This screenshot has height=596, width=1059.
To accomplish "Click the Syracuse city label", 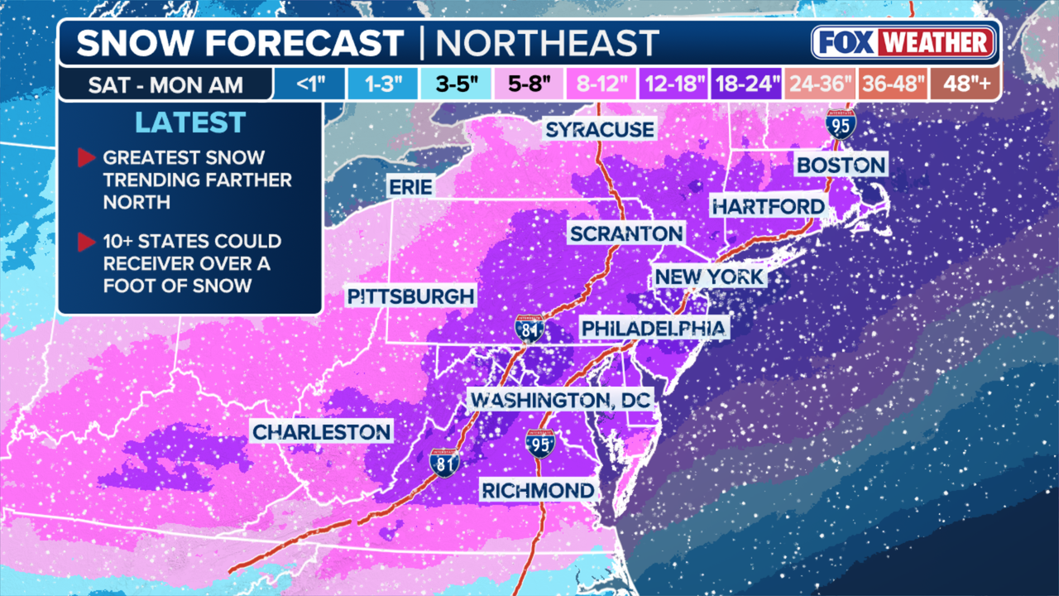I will point(600,130).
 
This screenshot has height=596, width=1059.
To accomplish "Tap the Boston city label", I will point(841,165).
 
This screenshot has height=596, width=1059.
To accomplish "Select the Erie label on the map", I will point(411,188).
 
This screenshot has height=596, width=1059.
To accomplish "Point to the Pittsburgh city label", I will point(411,296).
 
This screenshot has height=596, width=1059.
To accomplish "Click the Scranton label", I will point(626,234).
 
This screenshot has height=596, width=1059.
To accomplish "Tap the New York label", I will point(709,276).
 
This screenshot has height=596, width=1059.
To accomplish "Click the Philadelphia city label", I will point(654,329).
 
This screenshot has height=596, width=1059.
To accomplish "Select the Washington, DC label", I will point(562,401).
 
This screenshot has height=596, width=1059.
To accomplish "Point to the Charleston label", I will point(322,432).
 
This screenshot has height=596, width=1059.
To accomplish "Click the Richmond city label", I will point(539,490).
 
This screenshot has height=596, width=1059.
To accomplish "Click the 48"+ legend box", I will point(966,84).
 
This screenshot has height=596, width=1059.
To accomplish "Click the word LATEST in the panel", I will point(190,123).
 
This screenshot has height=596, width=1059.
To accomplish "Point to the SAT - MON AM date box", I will point(166,84).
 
